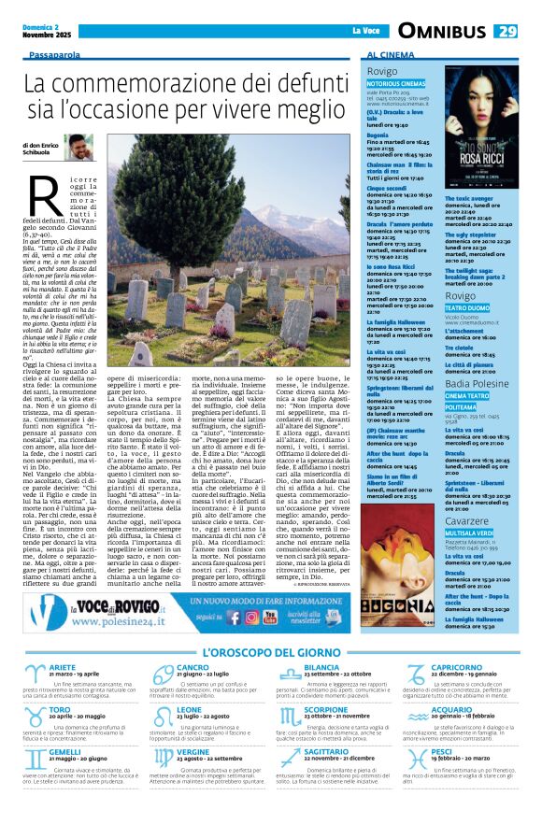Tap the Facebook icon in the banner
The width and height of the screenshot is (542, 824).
[250, 617]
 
